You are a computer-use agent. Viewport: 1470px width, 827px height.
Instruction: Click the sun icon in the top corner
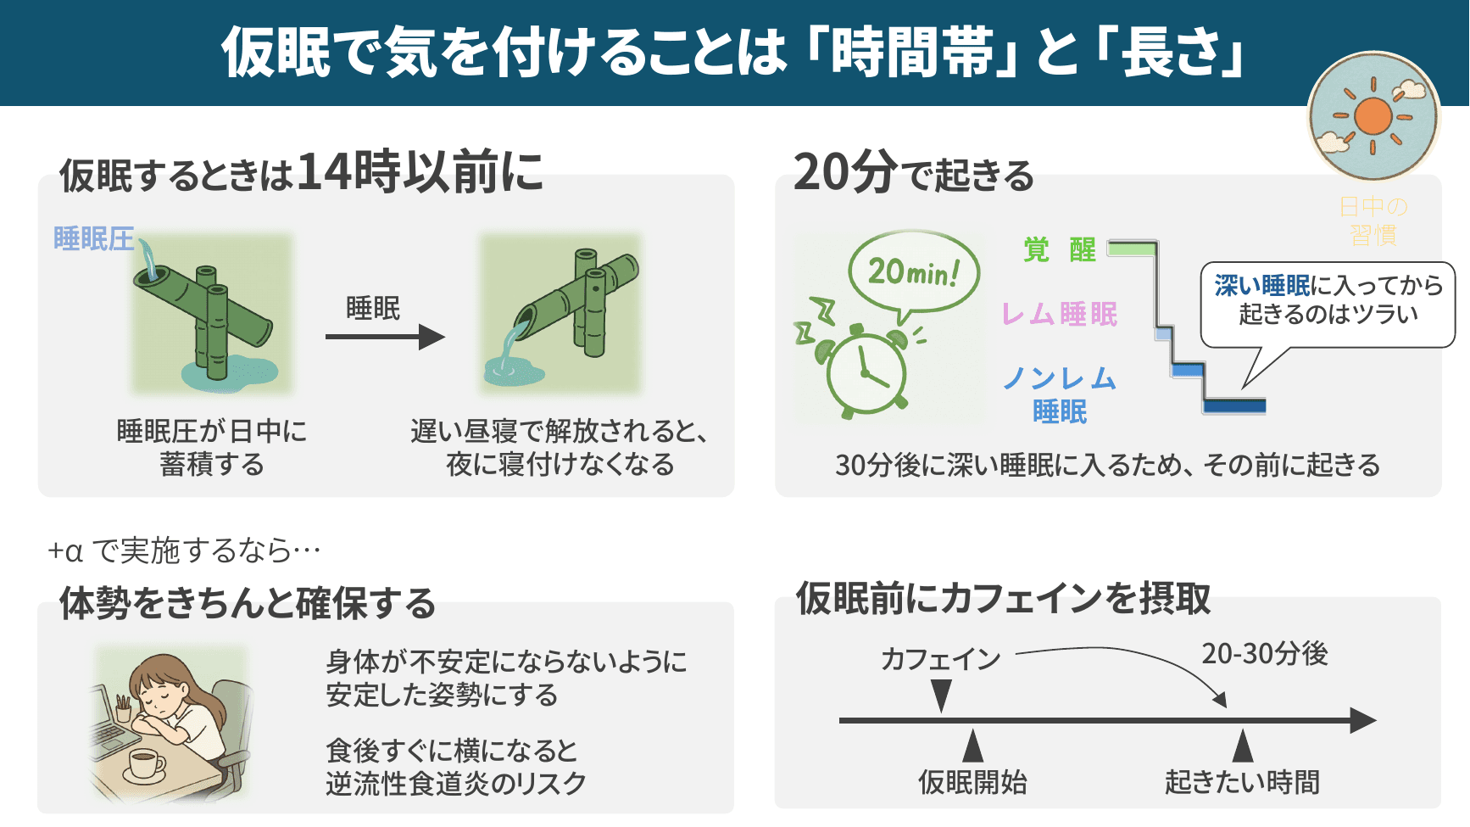pyautogui.click(x=1373, y=116)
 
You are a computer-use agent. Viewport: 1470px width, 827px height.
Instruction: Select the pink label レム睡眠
pyautogui.click(x=1060, y=315)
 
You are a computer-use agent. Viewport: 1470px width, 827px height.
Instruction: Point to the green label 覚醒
pyautogui.click(x=1060, y=250)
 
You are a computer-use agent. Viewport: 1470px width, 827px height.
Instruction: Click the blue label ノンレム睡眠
pyautogui.click(x=1060, y=394)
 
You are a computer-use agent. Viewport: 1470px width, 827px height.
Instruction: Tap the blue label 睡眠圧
pyautogui.click(x=93, y=239)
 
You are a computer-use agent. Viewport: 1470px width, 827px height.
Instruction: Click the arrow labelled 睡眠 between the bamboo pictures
pyautogui.click(x=385, y=337)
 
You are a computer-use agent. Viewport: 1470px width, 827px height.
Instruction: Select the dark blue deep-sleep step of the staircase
pyautogui.click(x=1234, y=405)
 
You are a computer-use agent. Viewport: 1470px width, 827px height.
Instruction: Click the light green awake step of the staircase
pyautogui.click(x=1132, y=249)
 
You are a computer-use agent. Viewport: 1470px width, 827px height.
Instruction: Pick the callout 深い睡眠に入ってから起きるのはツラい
pyautogui.click(x=1328, y=300)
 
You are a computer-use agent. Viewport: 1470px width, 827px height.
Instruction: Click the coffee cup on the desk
pyautogui.click(x=145, y=764)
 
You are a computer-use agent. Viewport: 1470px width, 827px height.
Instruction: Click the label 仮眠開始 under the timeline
pyautogui.click(x=972, y=782)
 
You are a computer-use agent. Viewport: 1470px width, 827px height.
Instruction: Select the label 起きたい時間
pyautogui.click(x=1242, y=782)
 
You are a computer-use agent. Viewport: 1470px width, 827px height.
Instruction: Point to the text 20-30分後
pyautogui.click(x=1264, y=654)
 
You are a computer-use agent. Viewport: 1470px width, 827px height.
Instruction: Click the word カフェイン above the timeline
pyautogui.click(x=940, y=659)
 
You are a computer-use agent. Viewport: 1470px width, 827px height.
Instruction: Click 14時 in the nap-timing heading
pyautogui.click(x=348, y=172)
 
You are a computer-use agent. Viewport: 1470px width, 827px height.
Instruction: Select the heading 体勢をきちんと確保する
pyautogui.click(x=247, y=604)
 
